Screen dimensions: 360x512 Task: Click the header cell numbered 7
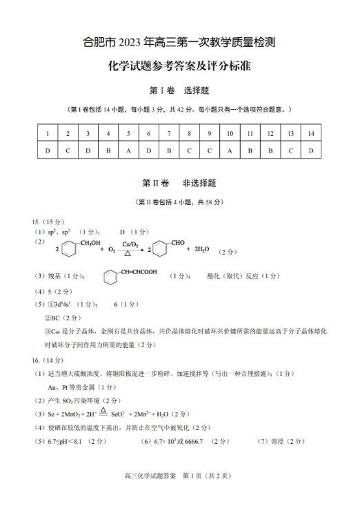[168, 132]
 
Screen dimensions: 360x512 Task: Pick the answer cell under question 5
[128, 150]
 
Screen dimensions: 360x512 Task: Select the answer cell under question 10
[230, 150]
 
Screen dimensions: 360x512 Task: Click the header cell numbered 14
[311, 132]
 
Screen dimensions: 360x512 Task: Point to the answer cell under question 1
[47, 150]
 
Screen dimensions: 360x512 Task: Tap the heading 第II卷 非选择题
[179, 184]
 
